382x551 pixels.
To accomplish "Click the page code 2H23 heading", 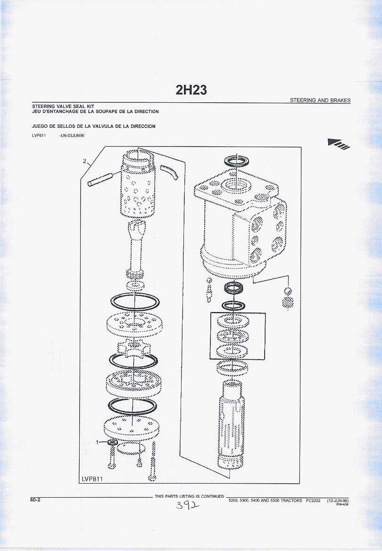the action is pos(191,90).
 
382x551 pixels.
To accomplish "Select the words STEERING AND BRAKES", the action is pos(320,100).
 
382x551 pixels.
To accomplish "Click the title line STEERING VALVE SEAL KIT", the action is pos(63,106).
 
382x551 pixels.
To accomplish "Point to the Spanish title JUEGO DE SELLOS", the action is pos(93,126).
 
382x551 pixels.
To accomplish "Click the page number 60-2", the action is pos(35,500).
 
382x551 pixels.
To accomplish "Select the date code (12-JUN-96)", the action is pos(338,501).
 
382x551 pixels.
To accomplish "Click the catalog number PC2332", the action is pos(313,501).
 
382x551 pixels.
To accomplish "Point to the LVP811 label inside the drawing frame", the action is pos(92,479).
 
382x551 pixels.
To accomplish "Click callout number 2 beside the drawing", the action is pos(84,161).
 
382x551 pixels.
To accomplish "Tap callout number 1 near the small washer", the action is pos(98,443).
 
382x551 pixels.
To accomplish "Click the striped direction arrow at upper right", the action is pos(339,144).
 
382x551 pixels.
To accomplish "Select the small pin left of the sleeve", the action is pos(100,179).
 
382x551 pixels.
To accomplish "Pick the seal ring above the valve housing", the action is pos(237,161).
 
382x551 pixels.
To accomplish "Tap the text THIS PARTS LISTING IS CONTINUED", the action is pos(189,496).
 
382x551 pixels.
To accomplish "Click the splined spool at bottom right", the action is pos(231,425).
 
